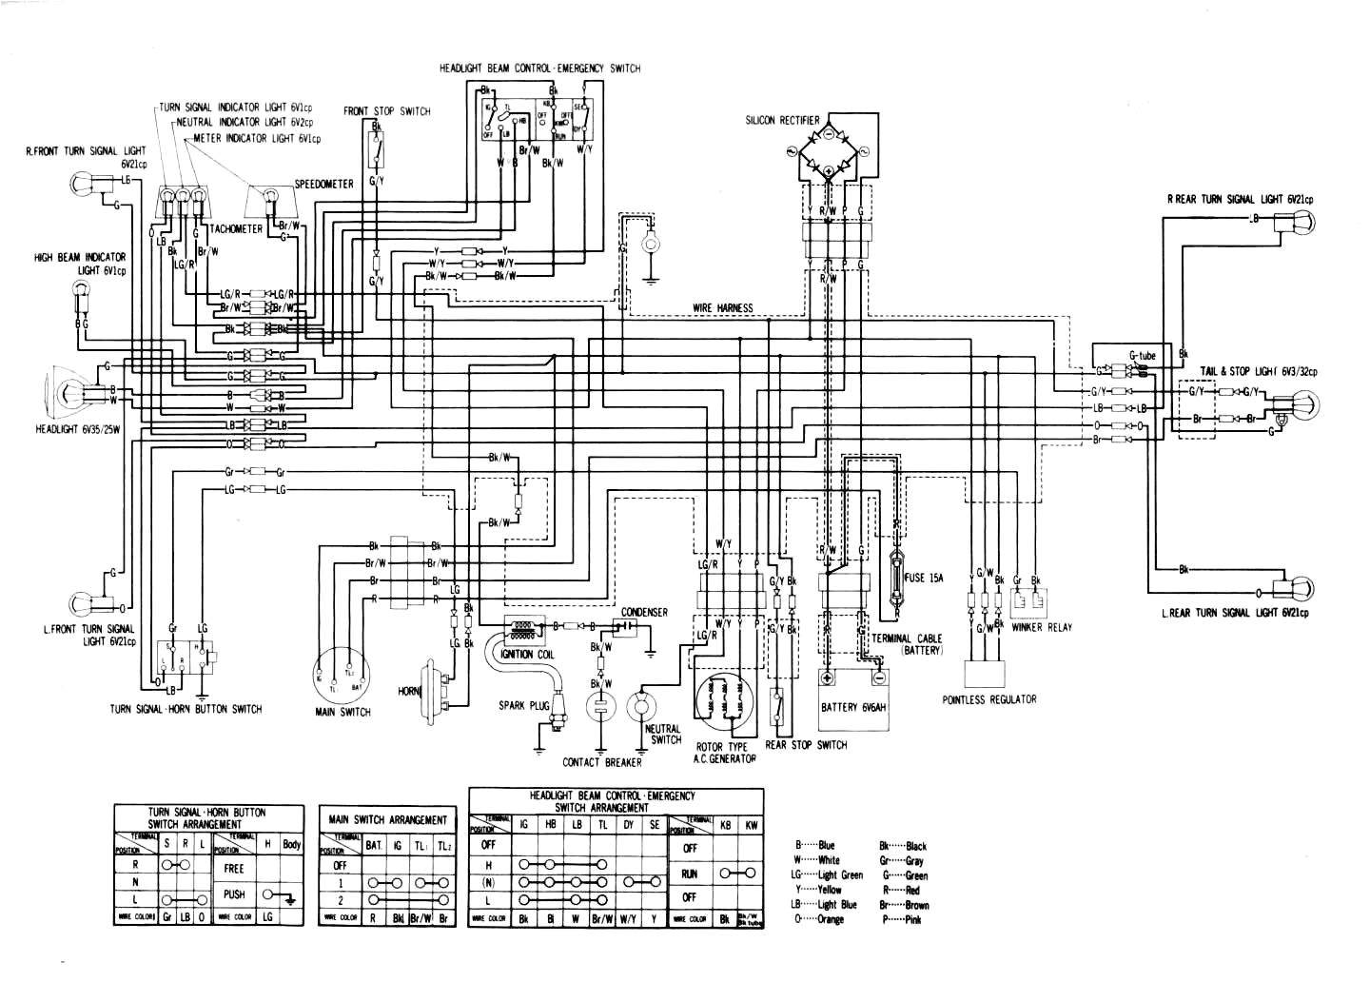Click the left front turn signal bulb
click(x=83, y=602)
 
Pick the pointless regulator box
click(x=985, y=674)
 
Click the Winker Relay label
click(x=1042, y=627)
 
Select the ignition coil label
click(x=524, y=654)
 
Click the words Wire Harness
click(x=722, y=307)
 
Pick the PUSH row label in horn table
click(x=234, y=894)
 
